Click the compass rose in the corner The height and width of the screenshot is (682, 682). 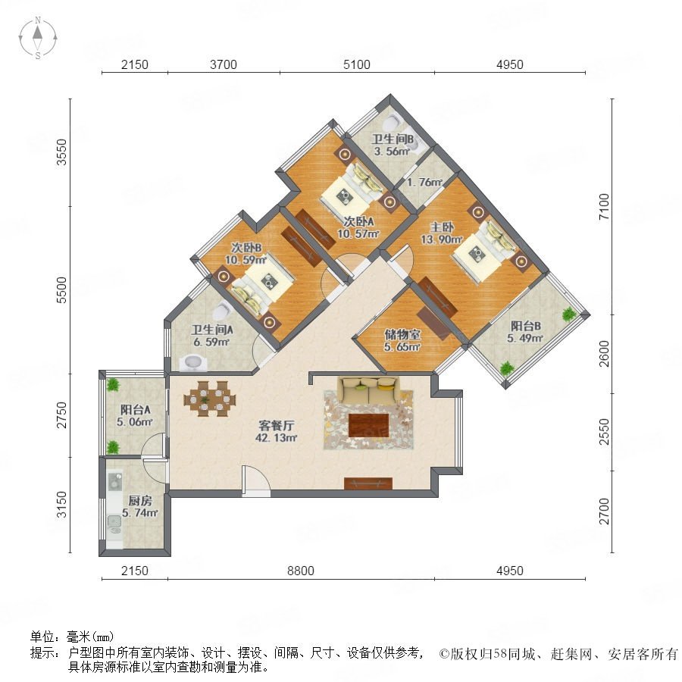pyautogui.click(x=38, y=38)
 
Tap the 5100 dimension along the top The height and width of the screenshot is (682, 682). pyautogui.click(x=357, y=65)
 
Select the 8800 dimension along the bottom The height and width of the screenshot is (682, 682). pyautogui.click(x=301, y=571)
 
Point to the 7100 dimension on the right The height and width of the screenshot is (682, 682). pyautogui.click(x=605, y=207)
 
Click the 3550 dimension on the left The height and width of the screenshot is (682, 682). pyautogui.click(x=62, y=152)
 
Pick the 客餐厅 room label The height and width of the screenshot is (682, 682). pyautogui.click(x=276, y=425)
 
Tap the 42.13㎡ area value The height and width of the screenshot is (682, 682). pyautogui.click(x=276, y=438)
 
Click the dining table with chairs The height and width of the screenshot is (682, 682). pyautogui.click(x=210, y=399)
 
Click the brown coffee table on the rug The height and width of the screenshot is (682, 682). pyautogui.click(x=368, y=425)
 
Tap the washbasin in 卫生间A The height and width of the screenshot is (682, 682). pyautogui.click(x=193, y=363)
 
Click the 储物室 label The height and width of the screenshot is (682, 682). pyautogui.click(x=402, y=334)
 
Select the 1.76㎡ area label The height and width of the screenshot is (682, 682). pyautogui.click(x=424, y=182)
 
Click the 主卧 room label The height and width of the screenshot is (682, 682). pyautogui.click(x=442, y=227)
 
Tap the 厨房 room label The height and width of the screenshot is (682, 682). pyautogui.click(x=140, y=501)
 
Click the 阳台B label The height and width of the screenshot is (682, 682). pyautogui.click(x=525, y=326)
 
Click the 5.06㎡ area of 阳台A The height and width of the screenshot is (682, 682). pyautogui.click(x=134, y=421)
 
